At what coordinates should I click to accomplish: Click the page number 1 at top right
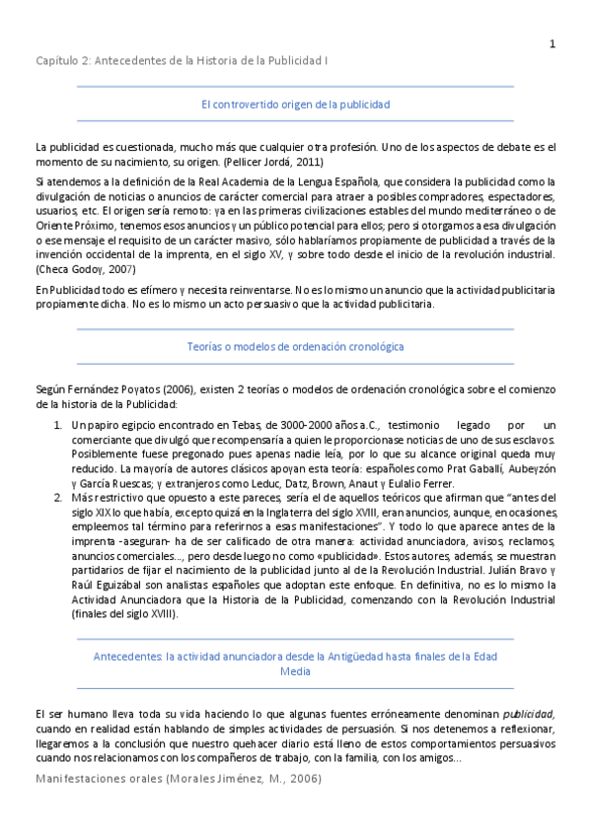553,43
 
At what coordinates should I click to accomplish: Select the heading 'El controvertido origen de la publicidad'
295,104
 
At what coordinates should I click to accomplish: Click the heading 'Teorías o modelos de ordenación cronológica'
295,347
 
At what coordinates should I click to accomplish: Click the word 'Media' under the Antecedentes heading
295,672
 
